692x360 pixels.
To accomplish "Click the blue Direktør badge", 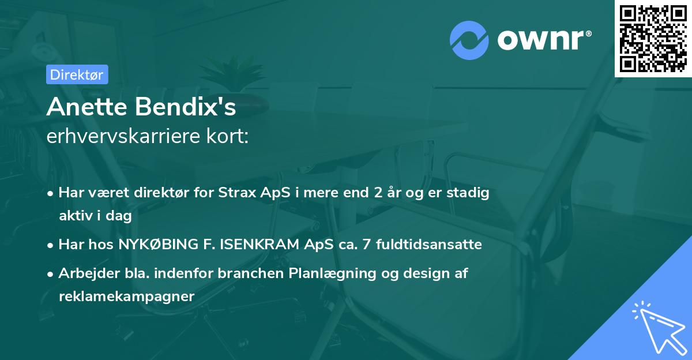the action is tap(77, 74).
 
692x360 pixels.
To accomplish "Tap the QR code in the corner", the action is tap(653, 39).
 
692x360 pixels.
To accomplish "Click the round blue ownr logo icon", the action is tap(469, 40).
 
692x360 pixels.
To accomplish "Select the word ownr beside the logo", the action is tap(541, 40).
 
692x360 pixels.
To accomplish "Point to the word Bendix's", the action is tap(185, 107).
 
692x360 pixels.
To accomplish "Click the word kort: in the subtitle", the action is tap(227, 136).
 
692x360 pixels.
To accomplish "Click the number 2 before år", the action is tap(378, 193).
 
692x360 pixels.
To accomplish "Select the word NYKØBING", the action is tap(159, 245).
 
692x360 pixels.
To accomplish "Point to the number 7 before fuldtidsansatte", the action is tap(367, 245).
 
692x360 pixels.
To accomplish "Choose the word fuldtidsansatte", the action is tap(429, 245).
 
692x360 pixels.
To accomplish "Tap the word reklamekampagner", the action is tap(127, 297).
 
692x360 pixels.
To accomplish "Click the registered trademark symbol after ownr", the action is tap(588, 33).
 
